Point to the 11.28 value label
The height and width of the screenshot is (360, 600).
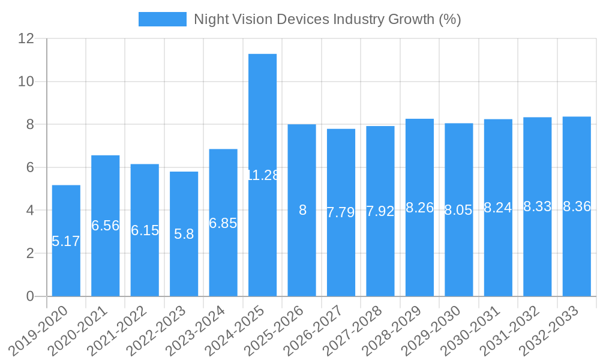[x=263, y=175]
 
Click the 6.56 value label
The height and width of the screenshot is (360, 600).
[x=106, y=226]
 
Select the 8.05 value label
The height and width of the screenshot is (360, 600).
[x=459, y=210]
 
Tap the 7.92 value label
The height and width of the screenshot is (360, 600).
[x=380, y=211]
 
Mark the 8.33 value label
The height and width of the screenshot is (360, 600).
[x=538, y=206]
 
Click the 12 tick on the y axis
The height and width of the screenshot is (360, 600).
[x=26, y=38]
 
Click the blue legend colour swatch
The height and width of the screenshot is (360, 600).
[x=163, y=19]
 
